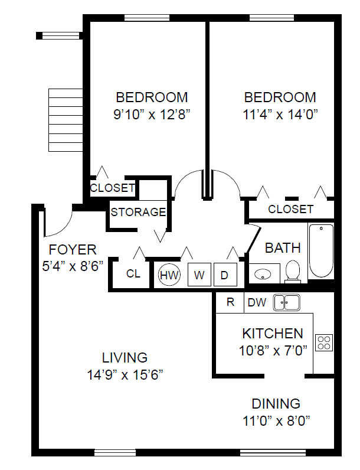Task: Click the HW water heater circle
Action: point(169,275)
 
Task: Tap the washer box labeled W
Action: point(199,275)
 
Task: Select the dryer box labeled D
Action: point(225,275)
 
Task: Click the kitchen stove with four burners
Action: point(324,342)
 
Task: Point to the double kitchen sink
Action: point(287,302)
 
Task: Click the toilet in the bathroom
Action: point(293,272)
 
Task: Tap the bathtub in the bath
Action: point(321,250)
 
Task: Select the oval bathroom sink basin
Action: point(263,273)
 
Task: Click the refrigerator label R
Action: point(230,302)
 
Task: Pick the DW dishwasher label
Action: point(257,302)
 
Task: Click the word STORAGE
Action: point(138,212)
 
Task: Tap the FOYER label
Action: point(73,249)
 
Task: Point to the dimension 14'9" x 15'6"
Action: point(125,375)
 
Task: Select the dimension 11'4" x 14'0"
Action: point(280,114)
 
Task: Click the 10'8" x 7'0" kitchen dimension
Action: point(273,350)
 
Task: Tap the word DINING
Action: point(276,403)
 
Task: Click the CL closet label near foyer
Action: point(133,273)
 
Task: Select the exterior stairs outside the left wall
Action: point(66,120)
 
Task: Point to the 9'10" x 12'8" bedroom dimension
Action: point(152,114)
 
